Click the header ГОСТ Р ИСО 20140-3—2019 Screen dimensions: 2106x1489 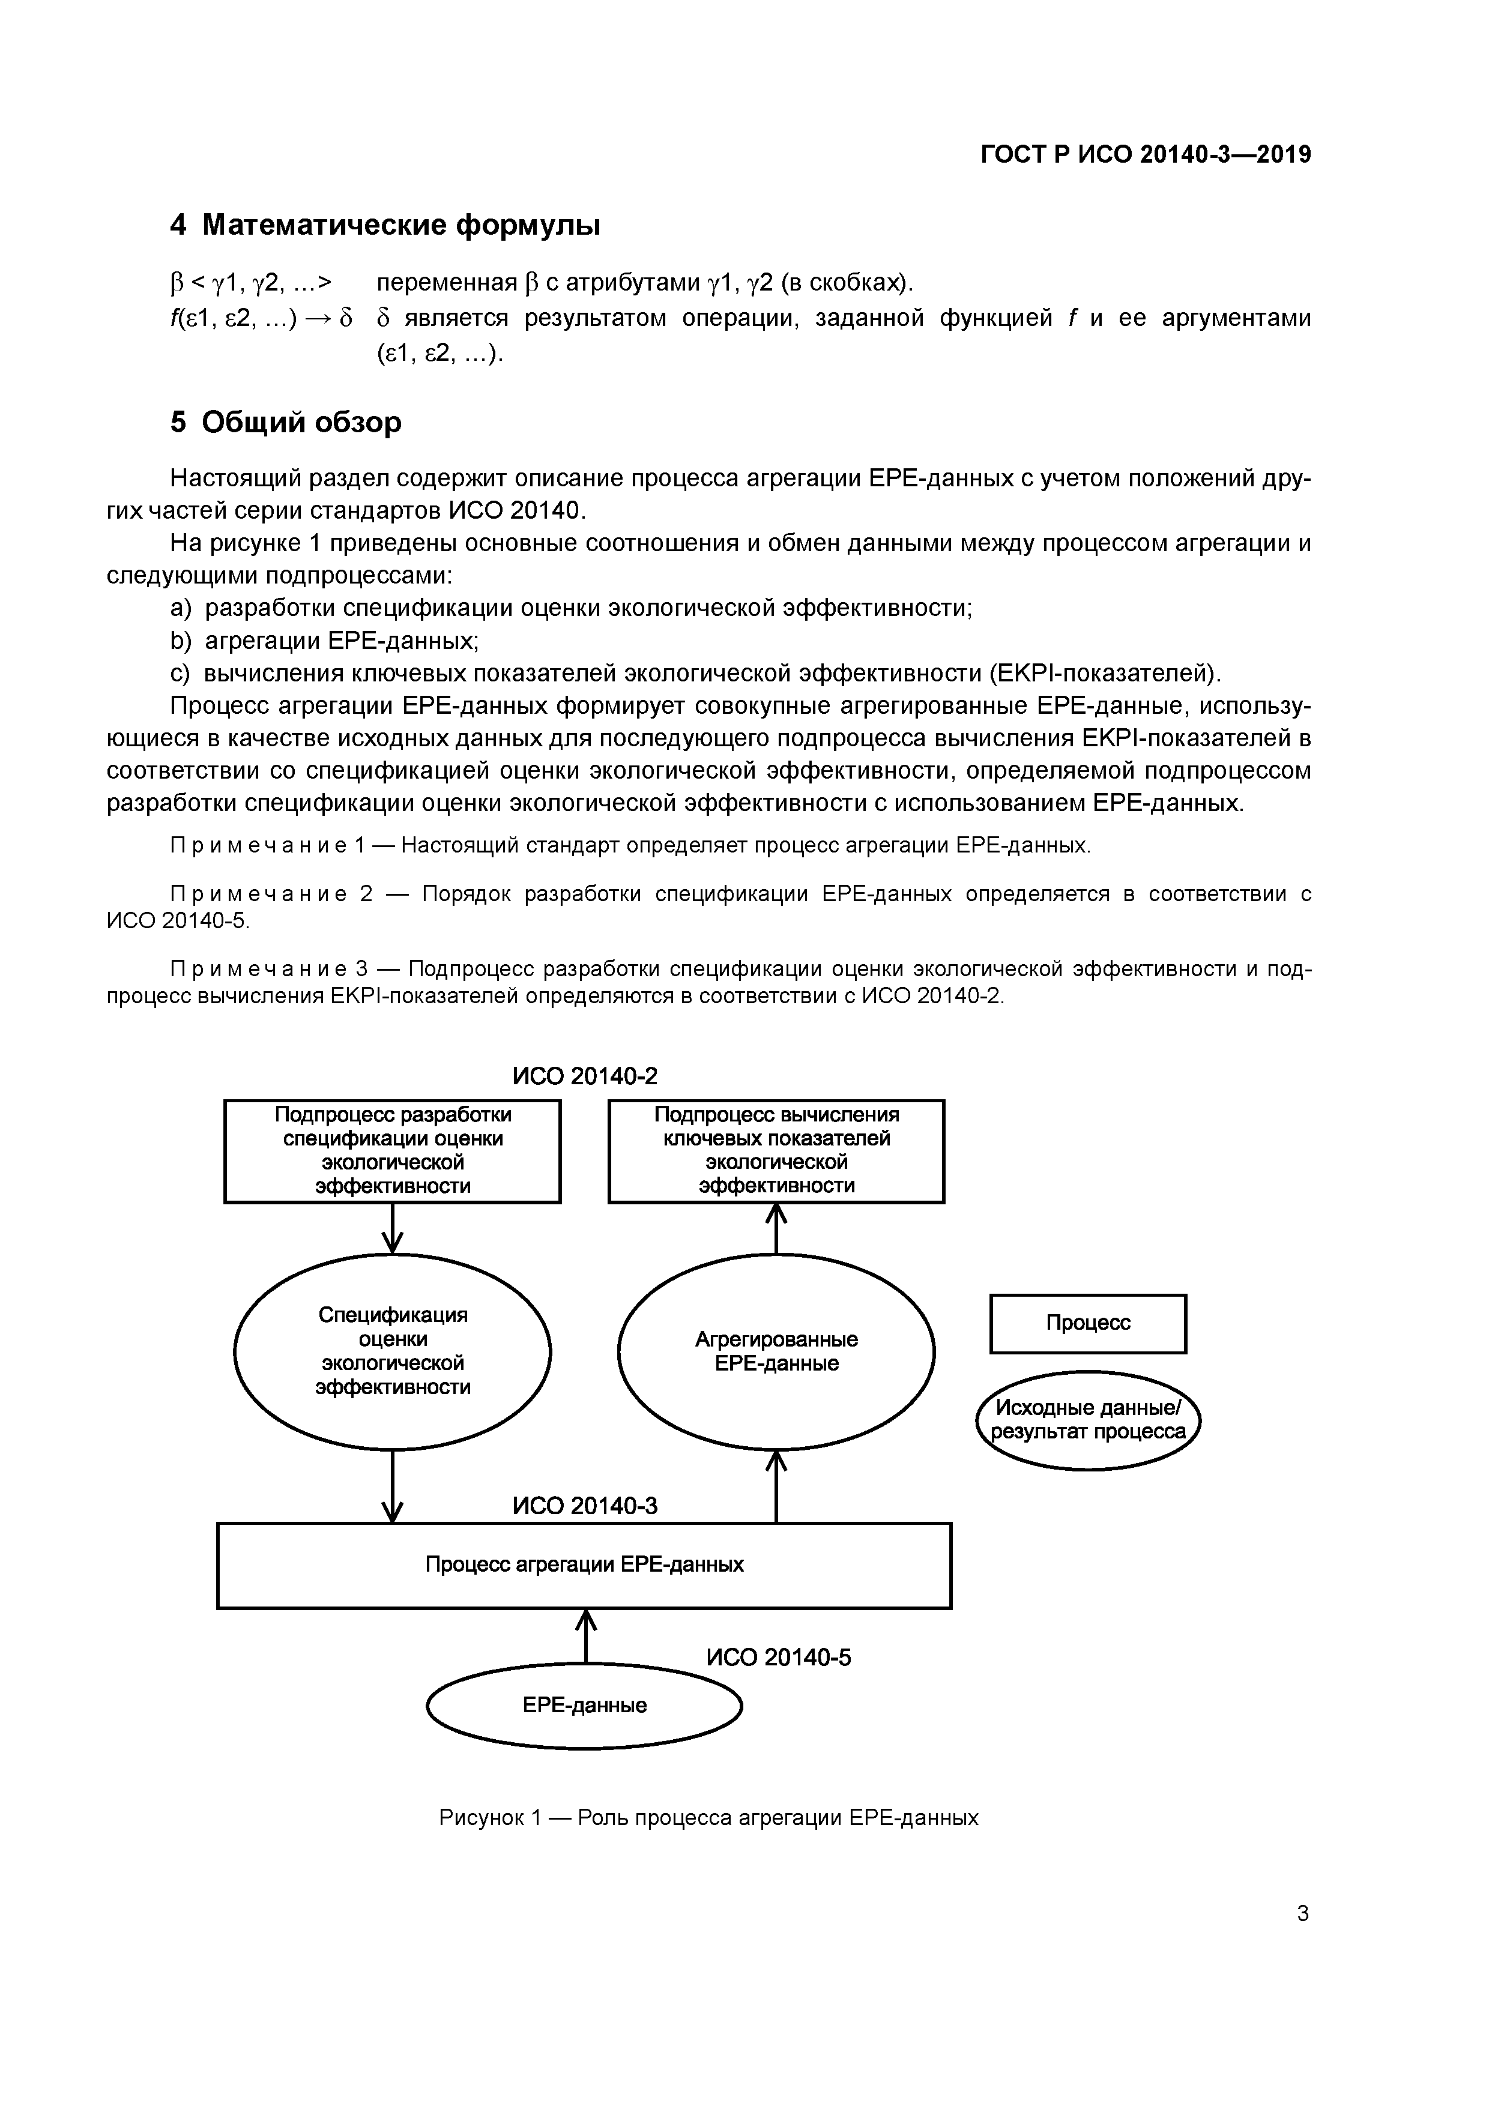(1145, 154)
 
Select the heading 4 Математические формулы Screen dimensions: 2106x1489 (385, 225)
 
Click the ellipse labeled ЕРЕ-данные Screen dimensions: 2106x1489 (584, 1705)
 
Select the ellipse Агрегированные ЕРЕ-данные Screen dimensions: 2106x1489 (776, 1351)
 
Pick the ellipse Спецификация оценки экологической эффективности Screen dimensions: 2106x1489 (393, 1351)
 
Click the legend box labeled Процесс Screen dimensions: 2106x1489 (1088, 1323)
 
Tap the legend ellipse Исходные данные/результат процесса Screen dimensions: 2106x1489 (1088, 1420)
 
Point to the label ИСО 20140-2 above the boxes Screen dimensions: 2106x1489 (584, 1076)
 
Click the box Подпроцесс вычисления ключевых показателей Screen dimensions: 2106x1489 (776, 1150)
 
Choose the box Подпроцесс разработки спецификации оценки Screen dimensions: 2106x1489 (393, 1150)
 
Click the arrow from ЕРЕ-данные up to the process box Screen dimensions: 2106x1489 (585, 1637)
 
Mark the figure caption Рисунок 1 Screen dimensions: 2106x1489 (708, 1817)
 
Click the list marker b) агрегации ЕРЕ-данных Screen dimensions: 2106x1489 (180, 640)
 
